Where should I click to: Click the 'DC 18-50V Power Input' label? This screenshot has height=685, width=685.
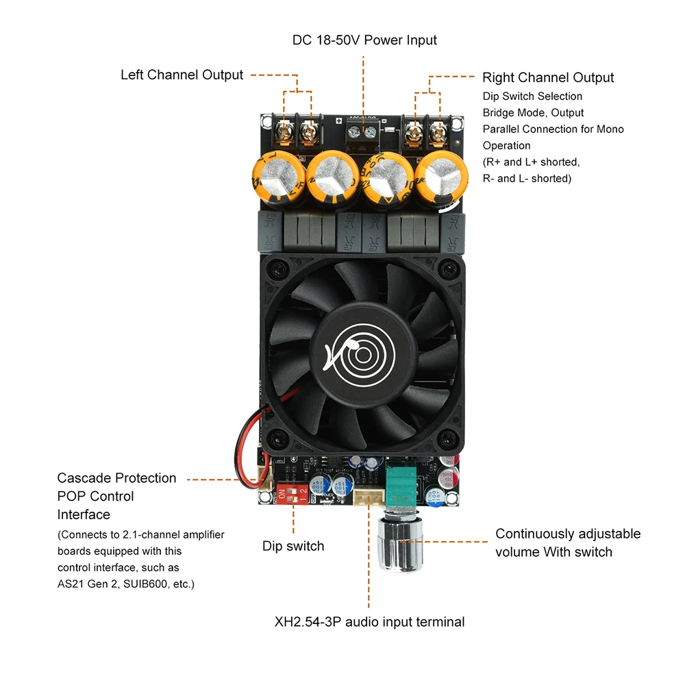364,40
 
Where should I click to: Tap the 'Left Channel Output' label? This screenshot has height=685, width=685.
182,75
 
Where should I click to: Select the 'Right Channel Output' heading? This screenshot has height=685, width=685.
548,77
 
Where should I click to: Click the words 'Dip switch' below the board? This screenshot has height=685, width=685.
293,546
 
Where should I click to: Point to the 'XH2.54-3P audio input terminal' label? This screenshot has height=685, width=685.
369,622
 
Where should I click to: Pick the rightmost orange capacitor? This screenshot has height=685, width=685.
441,179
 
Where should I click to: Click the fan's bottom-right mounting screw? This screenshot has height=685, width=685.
449,436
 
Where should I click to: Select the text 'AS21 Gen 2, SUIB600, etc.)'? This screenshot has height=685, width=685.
126,584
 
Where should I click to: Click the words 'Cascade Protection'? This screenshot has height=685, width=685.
116,478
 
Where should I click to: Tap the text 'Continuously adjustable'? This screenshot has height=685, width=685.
568,534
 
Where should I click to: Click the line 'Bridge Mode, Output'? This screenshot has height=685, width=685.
533,112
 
